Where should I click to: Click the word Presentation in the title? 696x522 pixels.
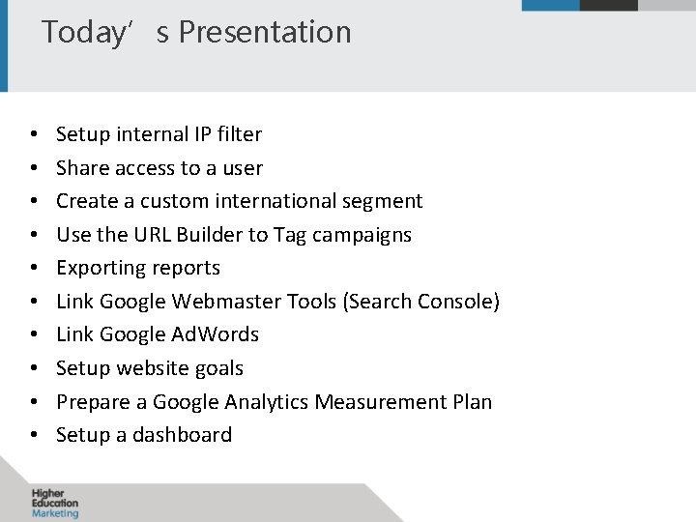(265, 32)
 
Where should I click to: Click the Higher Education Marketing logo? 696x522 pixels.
(54, 503)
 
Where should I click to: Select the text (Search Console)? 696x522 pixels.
(420, 302)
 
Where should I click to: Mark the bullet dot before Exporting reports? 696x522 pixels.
(33, 269)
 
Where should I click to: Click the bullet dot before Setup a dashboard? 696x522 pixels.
(33, 436)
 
